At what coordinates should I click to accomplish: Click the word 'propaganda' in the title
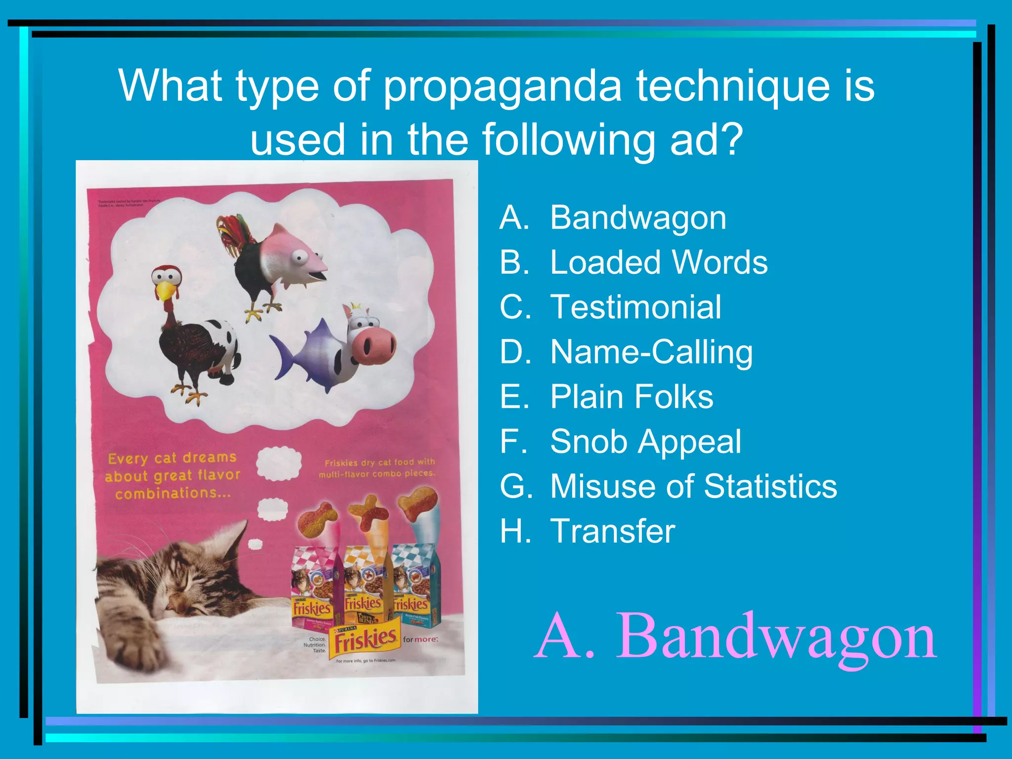502,86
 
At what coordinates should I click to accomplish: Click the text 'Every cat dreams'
172,458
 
